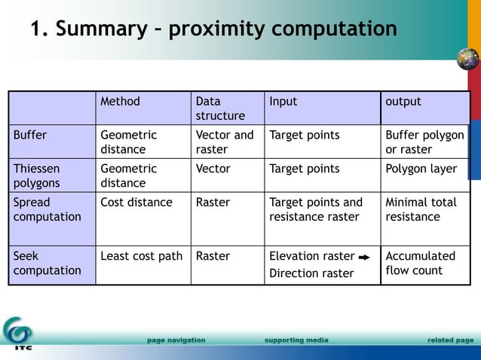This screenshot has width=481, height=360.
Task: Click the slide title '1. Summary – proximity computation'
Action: (213, 29)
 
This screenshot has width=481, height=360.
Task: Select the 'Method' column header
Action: (120, 102)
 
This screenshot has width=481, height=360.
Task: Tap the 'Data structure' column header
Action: (220, 108)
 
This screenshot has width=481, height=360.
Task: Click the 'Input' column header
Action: (283, 102)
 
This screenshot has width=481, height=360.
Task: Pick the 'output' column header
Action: (403, 102)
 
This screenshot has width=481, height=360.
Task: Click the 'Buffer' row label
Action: (30, 136)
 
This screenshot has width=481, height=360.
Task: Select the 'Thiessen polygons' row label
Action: (36, 175)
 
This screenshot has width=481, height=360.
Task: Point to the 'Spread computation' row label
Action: (47, 209)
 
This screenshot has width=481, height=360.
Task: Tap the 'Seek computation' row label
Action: (47, 263)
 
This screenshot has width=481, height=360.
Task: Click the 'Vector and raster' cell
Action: (225, 142)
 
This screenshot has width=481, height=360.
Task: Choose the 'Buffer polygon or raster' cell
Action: (424, 142)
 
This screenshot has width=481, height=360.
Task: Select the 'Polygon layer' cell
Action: (421, 169)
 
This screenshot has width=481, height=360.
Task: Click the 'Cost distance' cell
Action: (136, 203)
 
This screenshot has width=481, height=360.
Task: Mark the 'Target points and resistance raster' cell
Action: (316, 209)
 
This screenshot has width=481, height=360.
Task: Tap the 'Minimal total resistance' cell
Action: (421, 209)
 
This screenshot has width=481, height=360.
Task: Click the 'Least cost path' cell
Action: (142, 256)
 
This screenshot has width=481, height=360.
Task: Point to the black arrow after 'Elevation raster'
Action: (363, 257)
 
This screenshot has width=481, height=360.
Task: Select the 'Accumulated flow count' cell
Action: (420, 263)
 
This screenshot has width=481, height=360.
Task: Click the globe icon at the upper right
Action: (467, 59)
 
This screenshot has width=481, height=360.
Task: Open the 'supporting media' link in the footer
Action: (296, 340)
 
